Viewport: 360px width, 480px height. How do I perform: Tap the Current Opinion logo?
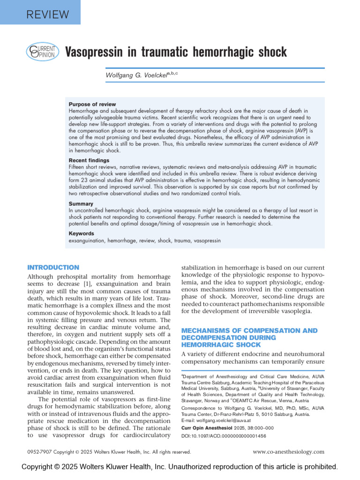[x=42, y=52]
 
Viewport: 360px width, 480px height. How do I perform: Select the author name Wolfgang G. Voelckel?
[x=136, y=75]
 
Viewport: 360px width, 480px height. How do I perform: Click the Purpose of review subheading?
[x=92, y=104]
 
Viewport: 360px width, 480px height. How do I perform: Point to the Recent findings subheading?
[x=89, y=160]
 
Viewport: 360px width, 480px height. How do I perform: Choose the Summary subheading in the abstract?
[x=81, y=204]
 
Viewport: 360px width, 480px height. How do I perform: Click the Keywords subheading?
[x=82, y=233]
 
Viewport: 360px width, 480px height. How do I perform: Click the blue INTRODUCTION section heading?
[x=53, y=267]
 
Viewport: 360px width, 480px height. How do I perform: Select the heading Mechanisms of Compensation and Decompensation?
[x=249, y=337]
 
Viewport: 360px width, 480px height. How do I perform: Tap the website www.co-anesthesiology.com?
[x=288, y=452]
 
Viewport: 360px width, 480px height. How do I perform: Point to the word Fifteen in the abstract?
[x=78, y=167]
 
